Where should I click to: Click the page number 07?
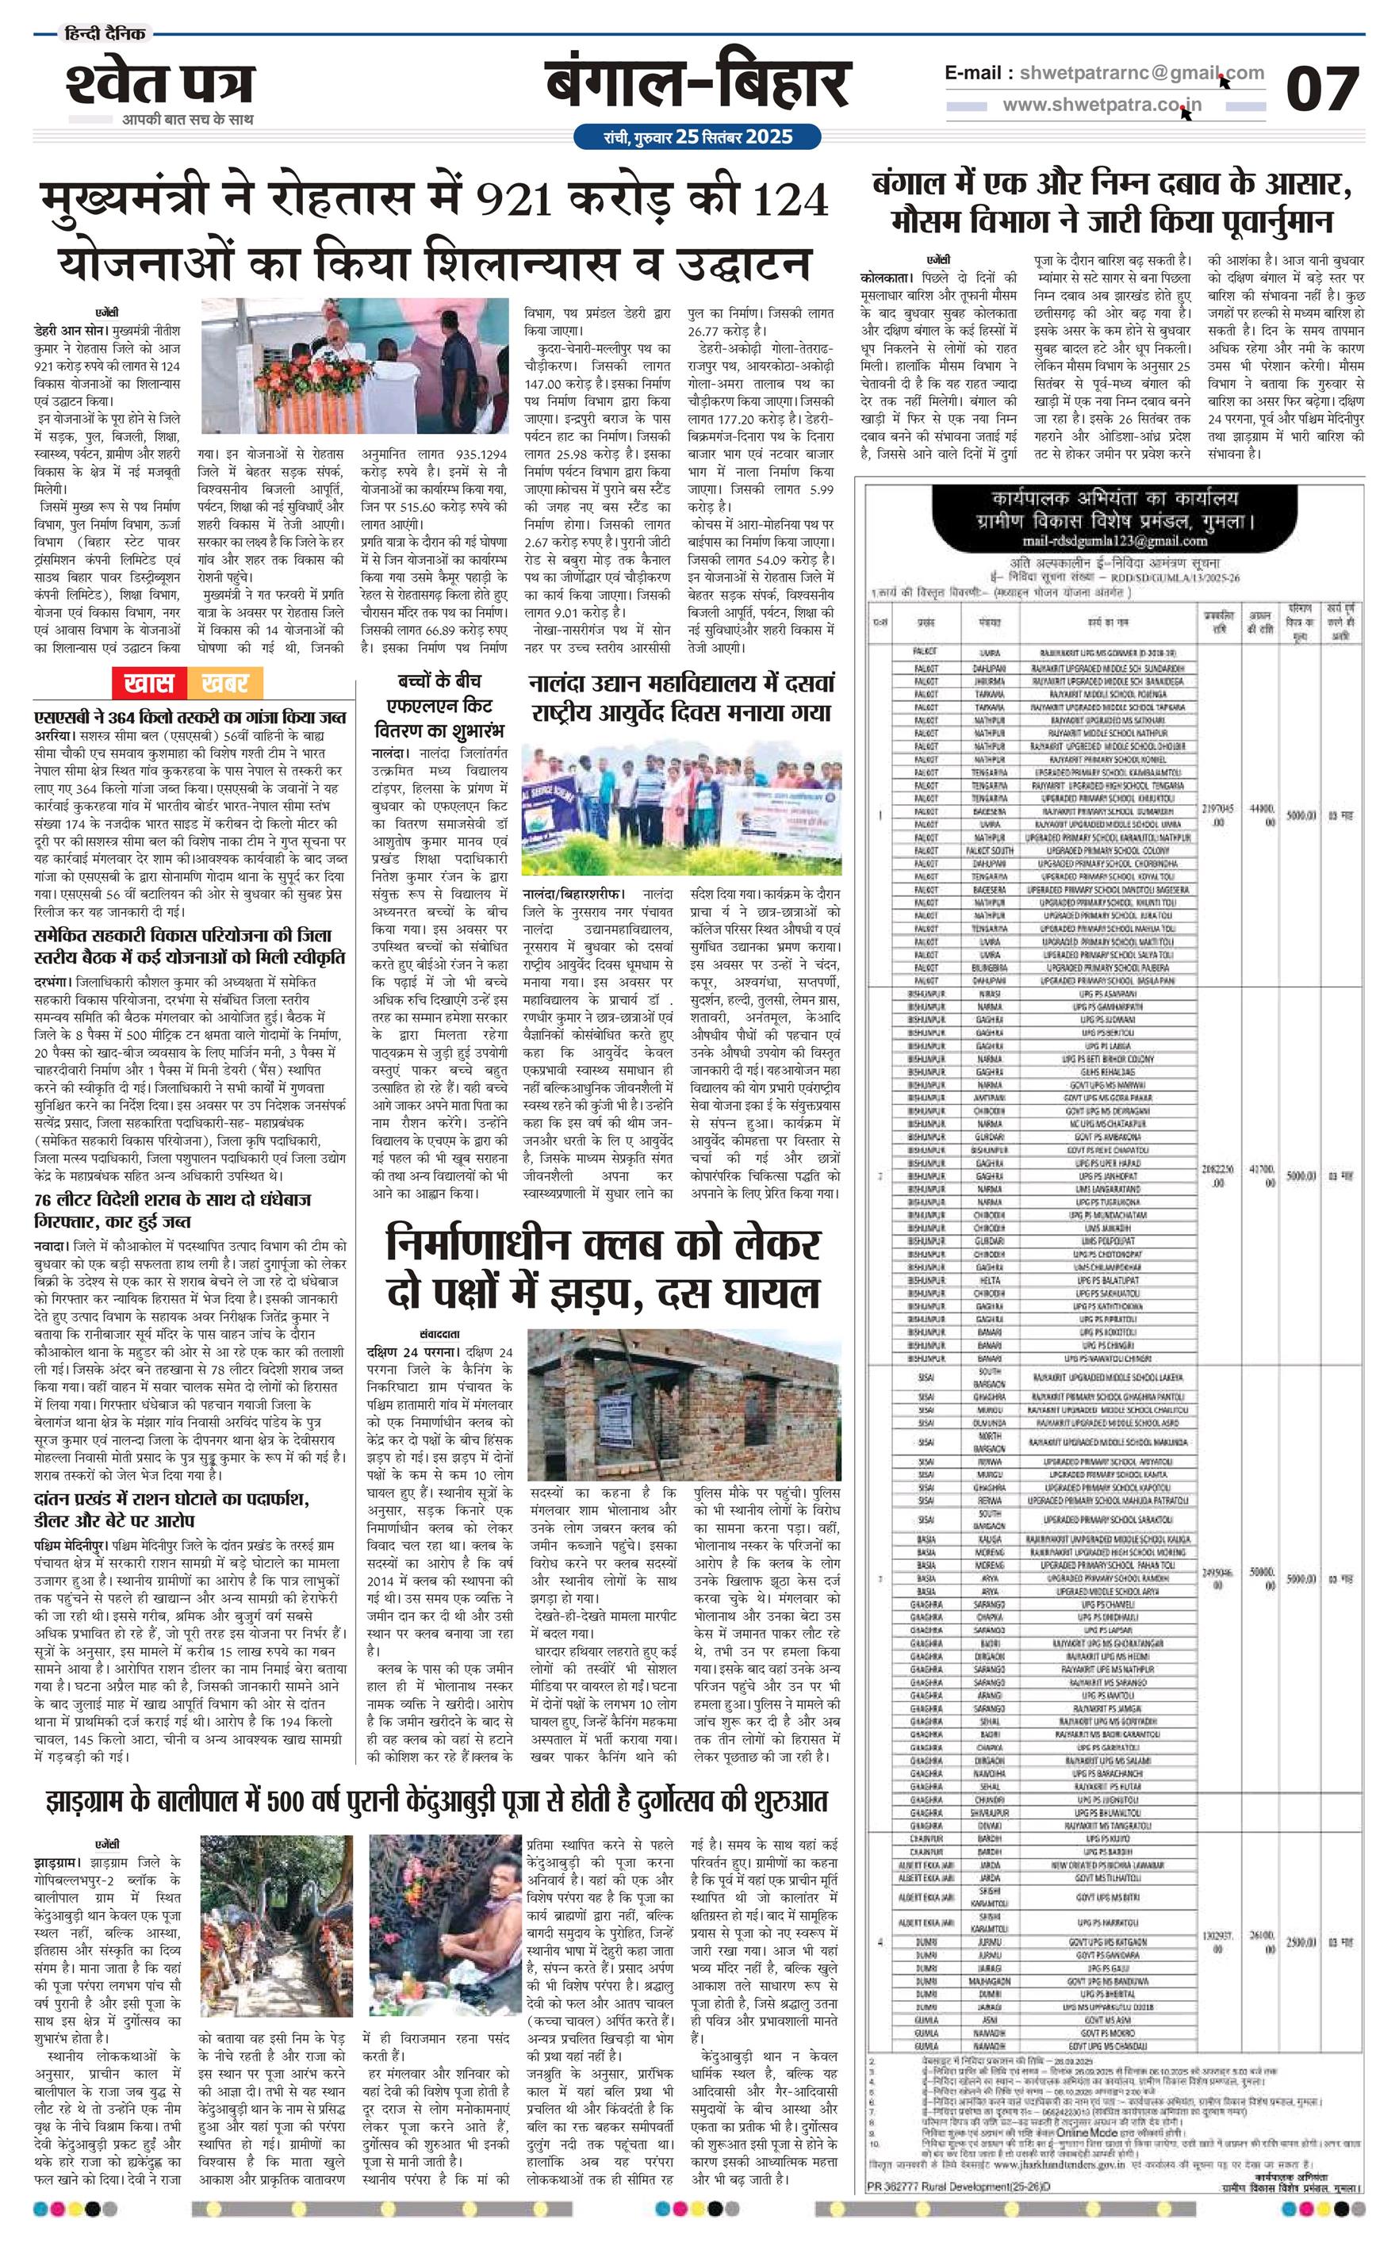tap(1321, 90)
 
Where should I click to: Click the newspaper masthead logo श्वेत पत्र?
tap(159, 85)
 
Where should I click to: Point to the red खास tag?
tap(149, 684)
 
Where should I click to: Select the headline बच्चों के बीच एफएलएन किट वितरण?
tap(439, 706)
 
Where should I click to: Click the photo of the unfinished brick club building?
tap(684, 1405)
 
